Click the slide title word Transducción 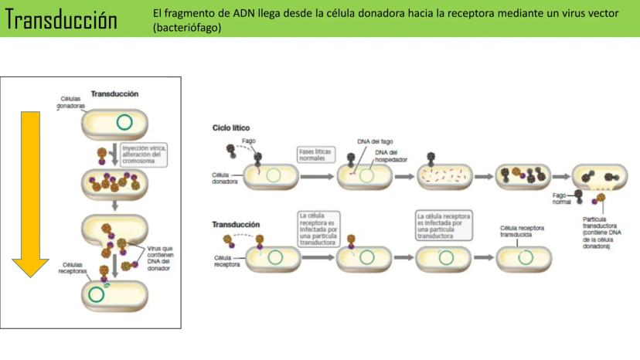click(62, 20)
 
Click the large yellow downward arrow click(29, 193)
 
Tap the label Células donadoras click(70, 103)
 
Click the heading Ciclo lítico click(231, 127)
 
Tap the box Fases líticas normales click(315, 155)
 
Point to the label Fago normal click(561, 199)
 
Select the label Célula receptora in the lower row click(226, 260)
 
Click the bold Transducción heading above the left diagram click(114, 93)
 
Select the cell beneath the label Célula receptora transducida click(523, 257)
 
